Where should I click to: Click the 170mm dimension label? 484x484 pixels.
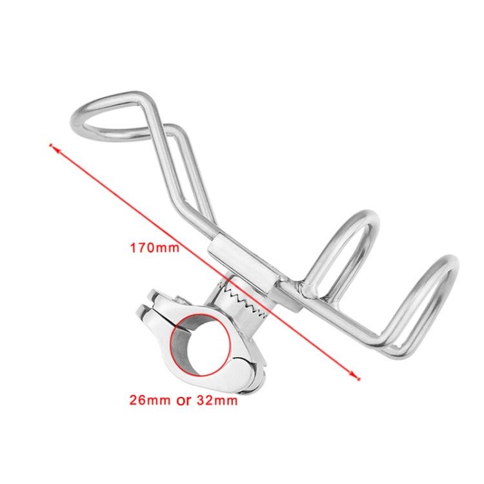[155, 248]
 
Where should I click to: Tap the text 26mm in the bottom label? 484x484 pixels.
[150, 400]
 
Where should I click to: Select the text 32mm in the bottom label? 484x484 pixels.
[217, 400]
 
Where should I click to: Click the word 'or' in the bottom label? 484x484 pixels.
[184, 401]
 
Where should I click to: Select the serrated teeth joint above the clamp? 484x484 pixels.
[244, 301]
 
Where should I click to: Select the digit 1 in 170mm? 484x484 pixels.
[133, 248]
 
